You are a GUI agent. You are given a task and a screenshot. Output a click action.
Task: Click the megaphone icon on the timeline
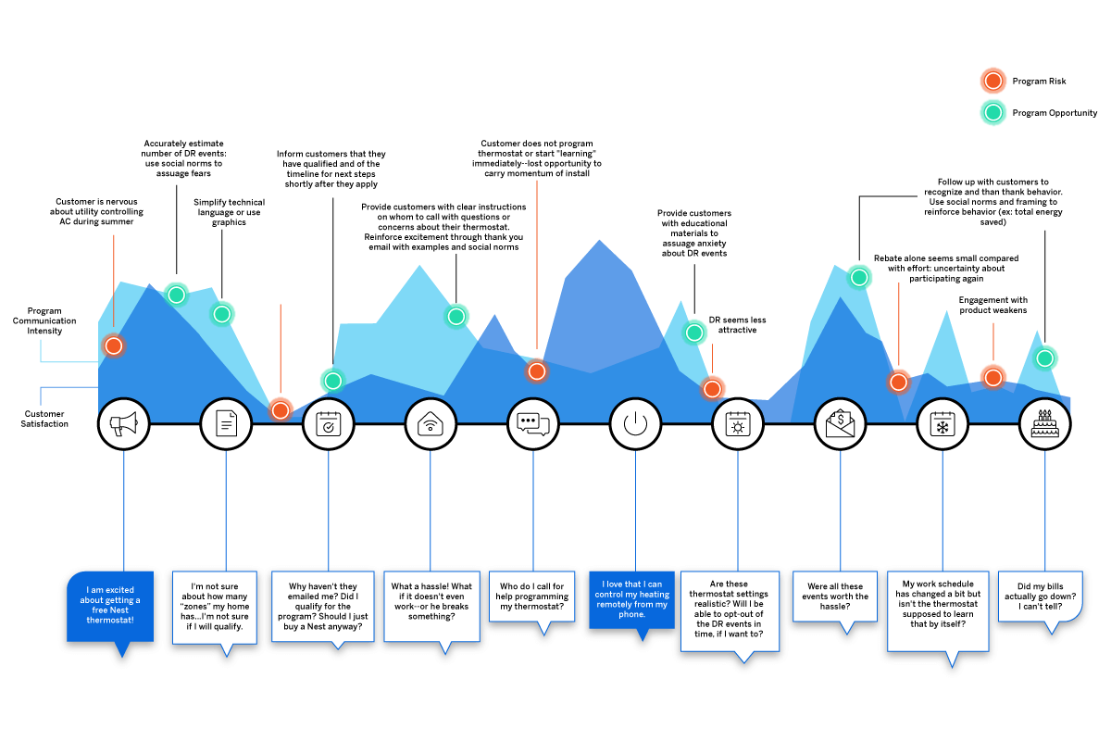[123, 424]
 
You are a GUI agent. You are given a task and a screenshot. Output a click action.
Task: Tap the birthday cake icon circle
[1045, 424]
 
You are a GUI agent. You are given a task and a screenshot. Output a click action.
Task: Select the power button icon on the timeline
[635, 424]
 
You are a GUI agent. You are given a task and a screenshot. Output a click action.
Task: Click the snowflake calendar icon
[942, 424]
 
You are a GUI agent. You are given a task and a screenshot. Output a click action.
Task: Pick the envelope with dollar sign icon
[840, 424]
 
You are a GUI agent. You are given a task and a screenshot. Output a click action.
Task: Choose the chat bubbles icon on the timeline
[533, 424]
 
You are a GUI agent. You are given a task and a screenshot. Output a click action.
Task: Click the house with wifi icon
[431, 424]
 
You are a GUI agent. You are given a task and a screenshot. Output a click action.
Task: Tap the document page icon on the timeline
[226, 424]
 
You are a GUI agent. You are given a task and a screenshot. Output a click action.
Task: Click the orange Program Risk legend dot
[993, 82]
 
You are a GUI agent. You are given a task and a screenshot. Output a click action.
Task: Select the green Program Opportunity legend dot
[993, 113]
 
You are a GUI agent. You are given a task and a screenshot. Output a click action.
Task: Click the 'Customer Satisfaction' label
[44, 419]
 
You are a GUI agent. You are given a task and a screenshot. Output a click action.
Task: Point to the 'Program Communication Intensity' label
[44, 320]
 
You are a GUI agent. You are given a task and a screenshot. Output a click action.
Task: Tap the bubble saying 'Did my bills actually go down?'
[1040, 600]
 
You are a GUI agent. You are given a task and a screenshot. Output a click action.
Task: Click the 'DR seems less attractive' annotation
[738, 325]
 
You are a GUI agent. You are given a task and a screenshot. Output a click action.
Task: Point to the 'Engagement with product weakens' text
[992, 305]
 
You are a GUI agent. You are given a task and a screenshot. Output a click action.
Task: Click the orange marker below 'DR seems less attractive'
[712, 389]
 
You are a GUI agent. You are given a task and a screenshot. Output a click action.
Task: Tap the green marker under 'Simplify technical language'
[221, 314]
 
